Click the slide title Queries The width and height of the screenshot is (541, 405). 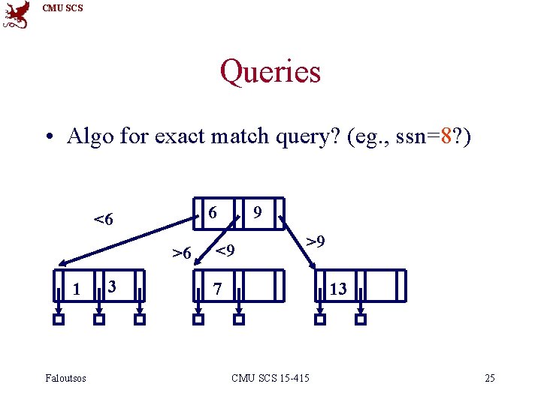(270, 72)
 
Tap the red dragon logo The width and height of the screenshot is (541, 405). (17, 14)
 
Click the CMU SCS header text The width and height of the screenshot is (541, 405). (63, 8)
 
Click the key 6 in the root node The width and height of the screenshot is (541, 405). (213, 214)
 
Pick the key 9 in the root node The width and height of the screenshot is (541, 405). (257, 214)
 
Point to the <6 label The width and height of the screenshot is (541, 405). (104, 220)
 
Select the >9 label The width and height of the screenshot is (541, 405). (316, 241)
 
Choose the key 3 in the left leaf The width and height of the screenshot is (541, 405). (112, 286)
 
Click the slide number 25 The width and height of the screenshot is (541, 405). (489, 378)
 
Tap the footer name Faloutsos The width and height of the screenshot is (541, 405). (65, 378)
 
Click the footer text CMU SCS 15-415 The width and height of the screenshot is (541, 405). (270, 378)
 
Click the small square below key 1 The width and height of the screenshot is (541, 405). (59, 319)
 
